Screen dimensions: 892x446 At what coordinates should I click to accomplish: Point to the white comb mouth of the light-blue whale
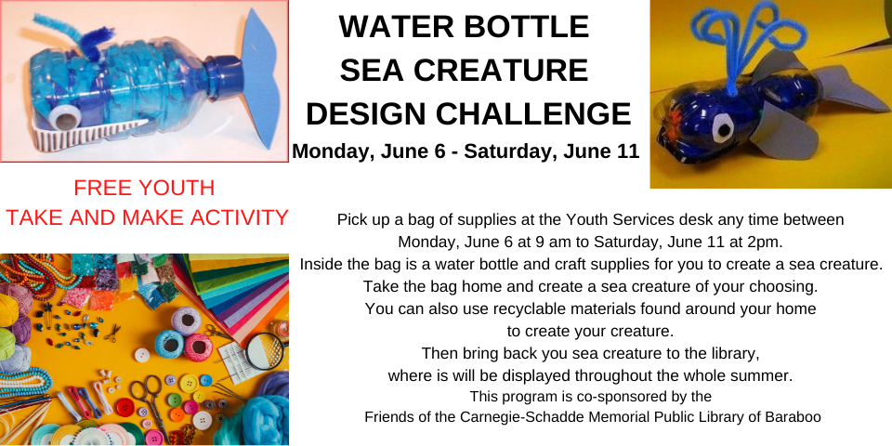click(x=85, y=134)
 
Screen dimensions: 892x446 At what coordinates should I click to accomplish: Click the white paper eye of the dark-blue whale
click(x=723, y=127)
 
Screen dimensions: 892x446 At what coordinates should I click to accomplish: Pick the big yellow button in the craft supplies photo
click(x=189, y=383)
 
